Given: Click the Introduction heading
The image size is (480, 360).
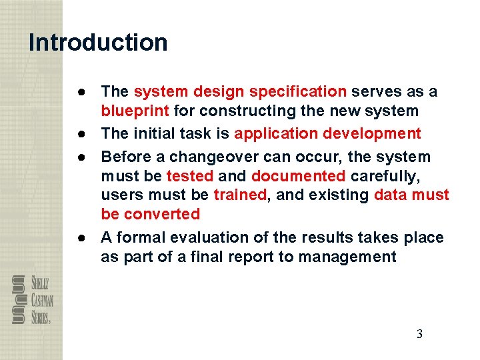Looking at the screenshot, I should point(98,43).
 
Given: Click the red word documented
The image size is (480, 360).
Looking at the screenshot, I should point(298,176).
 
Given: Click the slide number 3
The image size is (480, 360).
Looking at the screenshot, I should point(419,335).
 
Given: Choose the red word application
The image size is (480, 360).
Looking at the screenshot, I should point(275,133).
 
